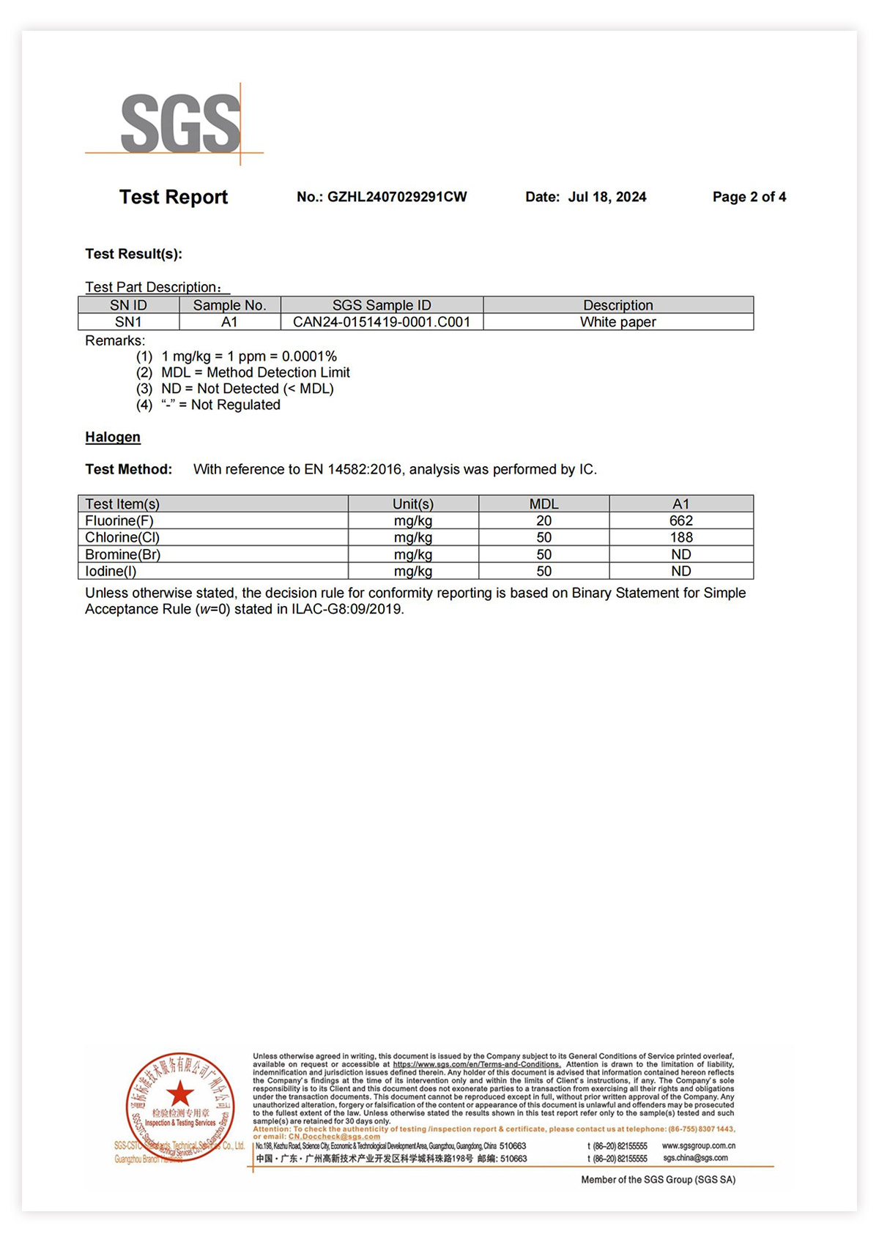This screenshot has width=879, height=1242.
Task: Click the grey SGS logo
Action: pyautogui.click(x=180, y=124)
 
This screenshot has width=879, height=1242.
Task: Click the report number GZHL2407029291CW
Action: pyautogui.click(x=396, y=197)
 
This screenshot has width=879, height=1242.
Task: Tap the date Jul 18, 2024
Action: pyautogui.click(x=607, y=197)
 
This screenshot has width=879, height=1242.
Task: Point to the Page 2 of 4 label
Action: pyautogui.click(x=749, y=197)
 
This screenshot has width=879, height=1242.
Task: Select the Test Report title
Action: pyautogui.click(x=174, y=197)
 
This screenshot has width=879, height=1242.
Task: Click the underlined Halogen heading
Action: pyautogui.click(x=113, y=437)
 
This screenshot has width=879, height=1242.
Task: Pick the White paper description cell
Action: pyautogui.click(x=617, y=322)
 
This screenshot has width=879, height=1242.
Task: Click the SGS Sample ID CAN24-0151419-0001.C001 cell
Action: pyautogui.click(x=382, y=322)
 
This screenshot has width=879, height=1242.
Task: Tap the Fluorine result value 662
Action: pyautogui.click(x=680, y=520)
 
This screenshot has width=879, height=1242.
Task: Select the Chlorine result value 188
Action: pyautogui.click(x=680, y=537)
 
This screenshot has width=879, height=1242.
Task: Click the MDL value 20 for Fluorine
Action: pyautogui.click(x=544, y=520)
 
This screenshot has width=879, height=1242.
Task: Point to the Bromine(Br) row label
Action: pyautogui.click(x=122, y=555)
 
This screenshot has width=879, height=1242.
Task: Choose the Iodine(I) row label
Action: pyautogui.click(x=111, y=572)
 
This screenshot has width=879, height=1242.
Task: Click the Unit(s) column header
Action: pyautogui.click(x=413, y=504)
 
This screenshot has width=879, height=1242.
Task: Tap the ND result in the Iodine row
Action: pyautogui.click(x=680, y=572)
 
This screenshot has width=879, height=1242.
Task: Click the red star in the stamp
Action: pyautogui.click(x=180, y=1094)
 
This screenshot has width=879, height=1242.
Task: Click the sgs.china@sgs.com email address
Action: pyautogui.click(x=695, y=1158)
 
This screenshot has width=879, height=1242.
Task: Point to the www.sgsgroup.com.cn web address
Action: pyautogui.click(x=698, y=1145)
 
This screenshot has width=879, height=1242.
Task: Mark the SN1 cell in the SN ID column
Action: pyautogui.click(x=128, y=322)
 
